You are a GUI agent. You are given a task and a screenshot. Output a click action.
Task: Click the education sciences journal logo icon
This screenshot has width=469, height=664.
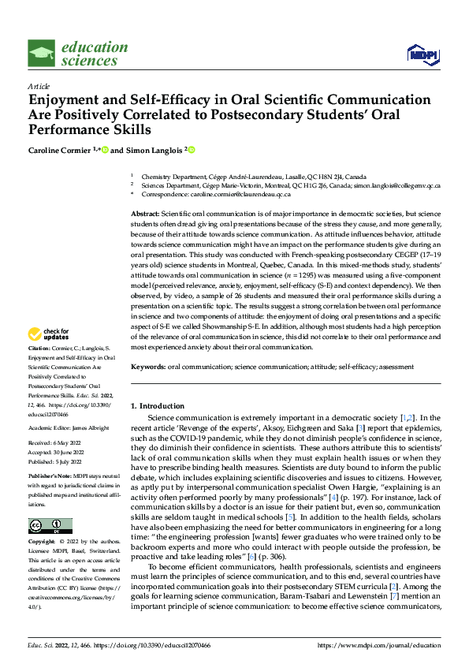click(x=41, y=54)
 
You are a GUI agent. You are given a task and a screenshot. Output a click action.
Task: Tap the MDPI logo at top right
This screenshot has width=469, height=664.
click(x=422, y=54)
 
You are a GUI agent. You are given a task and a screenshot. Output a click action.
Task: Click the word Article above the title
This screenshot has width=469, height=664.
click(x=39, y=86)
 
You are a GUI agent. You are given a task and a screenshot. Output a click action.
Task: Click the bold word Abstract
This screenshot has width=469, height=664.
click(x=145, y=215)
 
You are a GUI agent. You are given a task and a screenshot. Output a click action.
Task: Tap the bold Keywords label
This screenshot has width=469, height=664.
click(x=147, y=367)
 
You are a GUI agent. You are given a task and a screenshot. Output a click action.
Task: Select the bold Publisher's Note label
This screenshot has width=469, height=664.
click(x=49, y=478)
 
